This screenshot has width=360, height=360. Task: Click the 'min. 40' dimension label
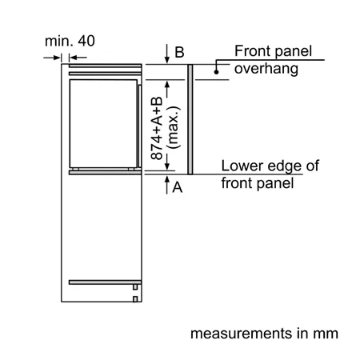click(x=70, y=41)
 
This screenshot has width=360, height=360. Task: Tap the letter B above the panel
click(x=179, y=52)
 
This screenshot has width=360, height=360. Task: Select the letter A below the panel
click(x=178, y=187)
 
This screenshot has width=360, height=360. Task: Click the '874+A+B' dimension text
click(x=157, y=128)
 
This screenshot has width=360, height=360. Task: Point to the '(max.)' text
click(x=173, y=127)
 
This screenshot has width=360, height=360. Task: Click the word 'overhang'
click(x=266, y=69)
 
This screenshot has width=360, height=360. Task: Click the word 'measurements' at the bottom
click(x=242, y=334)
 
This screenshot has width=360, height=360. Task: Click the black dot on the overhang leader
click(x=216, y=72)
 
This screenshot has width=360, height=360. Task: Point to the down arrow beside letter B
click(x=167, y=54)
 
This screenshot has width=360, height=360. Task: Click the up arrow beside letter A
click(x=167, y=185)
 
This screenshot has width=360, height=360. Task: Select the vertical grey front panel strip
click(x=190, y=119)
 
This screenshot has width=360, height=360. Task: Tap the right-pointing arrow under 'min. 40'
click(x=52, y=58)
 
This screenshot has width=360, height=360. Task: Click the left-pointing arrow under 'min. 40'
click(x=78, y=58)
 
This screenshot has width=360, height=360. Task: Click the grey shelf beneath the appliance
click(x=105, y=173)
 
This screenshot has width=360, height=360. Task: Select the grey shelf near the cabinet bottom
click(x=105, y=282)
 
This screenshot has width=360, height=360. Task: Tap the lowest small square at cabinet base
click(x=135, y=299)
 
